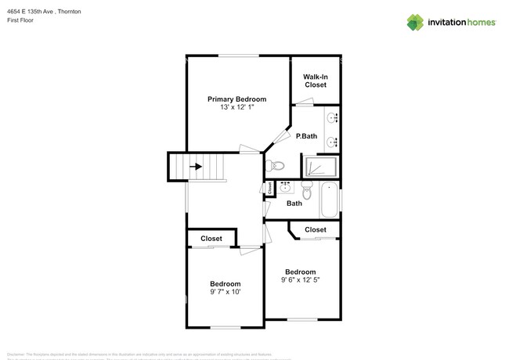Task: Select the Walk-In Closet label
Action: coord(315,81)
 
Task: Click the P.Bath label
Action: coord(306,137)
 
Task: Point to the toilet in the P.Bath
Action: coord(273,166)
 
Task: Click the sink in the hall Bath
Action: coord(286,187)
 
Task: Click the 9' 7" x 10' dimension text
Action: coord(225,292)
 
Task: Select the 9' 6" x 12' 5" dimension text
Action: coord(300,279)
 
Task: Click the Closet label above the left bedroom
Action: coord(211,239)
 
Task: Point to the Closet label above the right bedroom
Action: coord(315,229)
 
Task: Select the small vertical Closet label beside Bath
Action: coord(270,188)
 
